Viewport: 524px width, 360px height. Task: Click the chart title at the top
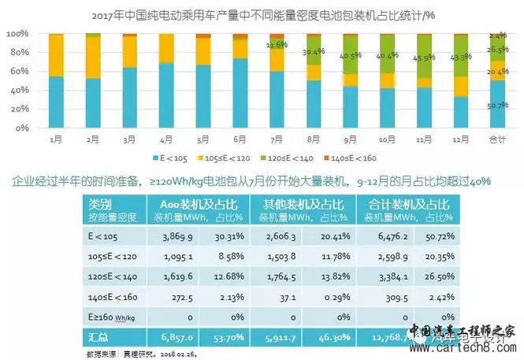[x=262, y=14]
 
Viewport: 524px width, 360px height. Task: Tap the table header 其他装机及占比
[x=306, y=203]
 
